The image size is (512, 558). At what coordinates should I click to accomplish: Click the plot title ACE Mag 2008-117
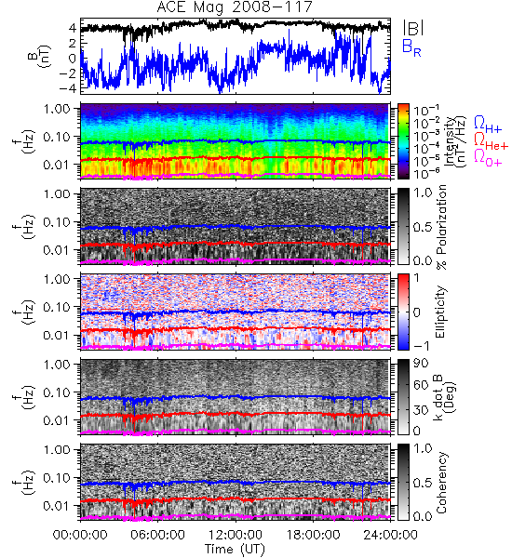click(235, 7)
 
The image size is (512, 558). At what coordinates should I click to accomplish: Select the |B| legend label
click(413, 27)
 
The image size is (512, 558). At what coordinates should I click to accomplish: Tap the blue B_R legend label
click(411, 47)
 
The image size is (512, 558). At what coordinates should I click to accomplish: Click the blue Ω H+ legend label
click(488, 125)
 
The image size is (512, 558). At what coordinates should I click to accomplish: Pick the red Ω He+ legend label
click(491, 141)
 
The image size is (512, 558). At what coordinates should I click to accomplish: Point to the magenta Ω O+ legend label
click(488, 158)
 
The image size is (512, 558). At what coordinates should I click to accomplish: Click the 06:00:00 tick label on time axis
click(158, 535)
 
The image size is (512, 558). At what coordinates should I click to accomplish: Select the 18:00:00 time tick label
click(313, 535)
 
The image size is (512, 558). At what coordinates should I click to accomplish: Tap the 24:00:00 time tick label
click(390, 535)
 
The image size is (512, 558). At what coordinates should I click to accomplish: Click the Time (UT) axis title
click(236, 550)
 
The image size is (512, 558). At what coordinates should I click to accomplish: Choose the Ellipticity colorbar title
click(440, 312)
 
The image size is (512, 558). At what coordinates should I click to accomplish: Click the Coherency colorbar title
click(441, 483)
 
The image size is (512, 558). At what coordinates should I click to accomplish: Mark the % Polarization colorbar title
click(441, 227)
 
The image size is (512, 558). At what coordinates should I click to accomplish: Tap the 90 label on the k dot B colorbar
click(421, 363)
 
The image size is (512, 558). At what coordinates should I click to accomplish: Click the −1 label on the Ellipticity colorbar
click(421, 346)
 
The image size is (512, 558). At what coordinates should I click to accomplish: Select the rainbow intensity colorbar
click(403, 141)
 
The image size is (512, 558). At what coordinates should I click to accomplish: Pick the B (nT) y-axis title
click(39, 56)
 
